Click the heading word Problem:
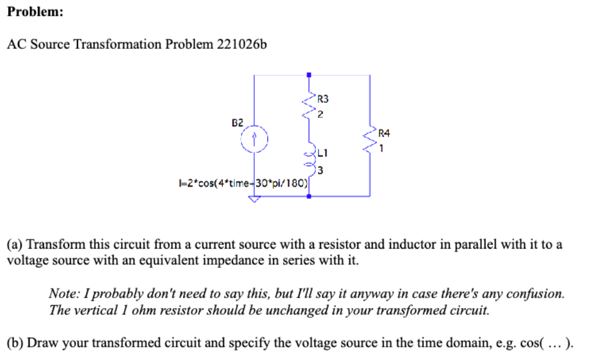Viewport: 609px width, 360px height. [35, 13]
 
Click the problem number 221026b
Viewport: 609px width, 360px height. [241, 45]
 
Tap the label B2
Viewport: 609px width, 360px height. [238, 122]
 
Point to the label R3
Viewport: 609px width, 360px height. [323, 98]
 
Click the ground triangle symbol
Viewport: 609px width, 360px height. [254, 200]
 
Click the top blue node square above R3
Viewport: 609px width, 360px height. [309, 75]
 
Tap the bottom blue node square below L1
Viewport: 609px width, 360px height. [309, 196]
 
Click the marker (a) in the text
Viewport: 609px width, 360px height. [15, 245]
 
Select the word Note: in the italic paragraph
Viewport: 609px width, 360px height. [62, 294]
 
